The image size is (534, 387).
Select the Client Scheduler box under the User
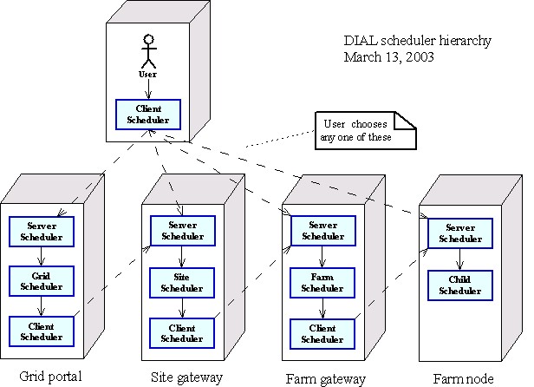click(x=148, y=114)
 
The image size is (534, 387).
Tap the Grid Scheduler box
click(x=41, y=279)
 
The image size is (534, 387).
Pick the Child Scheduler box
click(x=460, y=285)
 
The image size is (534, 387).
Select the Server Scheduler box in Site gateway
click(x=182, y=230)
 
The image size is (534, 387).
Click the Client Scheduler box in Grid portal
click(x=41, y=330)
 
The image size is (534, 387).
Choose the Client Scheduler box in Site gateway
click(x=182, y=332)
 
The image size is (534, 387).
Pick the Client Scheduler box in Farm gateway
click(x=322, y=333)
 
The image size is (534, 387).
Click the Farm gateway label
click(x=326, y=378)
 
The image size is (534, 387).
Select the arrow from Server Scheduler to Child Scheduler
click(x=460, y=259)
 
